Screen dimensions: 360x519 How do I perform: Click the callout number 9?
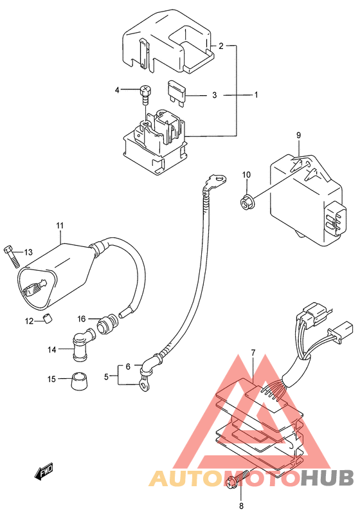pyautogui.click(x=298, y=135)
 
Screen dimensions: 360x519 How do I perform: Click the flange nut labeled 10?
pyautogui.click(x=246, y=201)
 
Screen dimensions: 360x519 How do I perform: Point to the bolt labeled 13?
pyautogui.click(x=12, y=257)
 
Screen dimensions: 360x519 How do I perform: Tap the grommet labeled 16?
pyautogui.click(x=107, y=323)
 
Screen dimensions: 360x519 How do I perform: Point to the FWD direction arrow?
pyautogui.click(x=43, y=472)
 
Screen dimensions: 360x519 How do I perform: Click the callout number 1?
pyautogui.click(x=256, y=95)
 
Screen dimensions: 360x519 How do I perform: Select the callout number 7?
pyautogui.click(x=253, y=353)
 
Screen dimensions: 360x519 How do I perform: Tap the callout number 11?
pyautogui.click(x=60, y=226)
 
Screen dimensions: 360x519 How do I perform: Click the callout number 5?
pyautogui.click(x=106, y=376)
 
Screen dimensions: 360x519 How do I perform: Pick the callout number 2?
pyautogui.click(x=221, y=46)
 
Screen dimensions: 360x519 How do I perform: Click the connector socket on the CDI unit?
pyautogui.click(x=336, y=219)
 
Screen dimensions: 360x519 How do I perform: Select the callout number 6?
pyautogui.click(x=128, y=367)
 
